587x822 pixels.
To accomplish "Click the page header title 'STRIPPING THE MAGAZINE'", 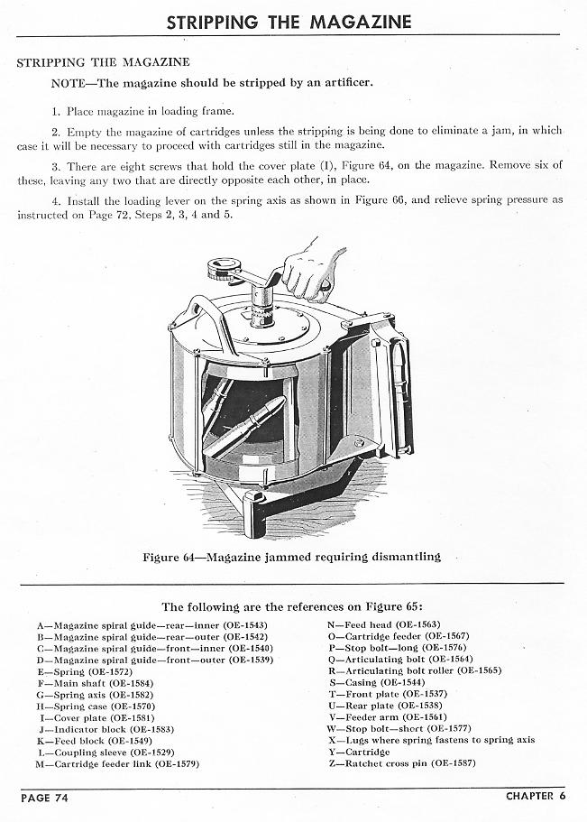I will point(289,22).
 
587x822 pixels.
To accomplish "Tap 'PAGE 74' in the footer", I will point(44,797).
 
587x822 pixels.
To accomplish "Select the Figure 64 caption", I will point(292,557).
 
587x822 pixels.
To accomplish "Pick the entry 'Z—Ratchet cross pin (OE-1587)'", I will point(402,763).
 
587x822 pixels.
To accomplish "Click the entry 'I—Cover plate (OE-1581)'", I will point(102,717).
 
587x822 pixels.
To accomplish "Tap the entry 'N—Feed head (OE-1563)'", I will point(384,623).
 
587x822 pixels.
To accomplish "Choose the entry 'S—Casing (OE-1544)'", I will point(379,682).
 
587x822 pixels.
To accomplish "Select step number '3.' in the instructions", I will point(57,166).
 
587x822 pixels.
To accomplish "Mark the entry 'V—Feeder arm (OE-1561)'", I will point(388,717).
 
